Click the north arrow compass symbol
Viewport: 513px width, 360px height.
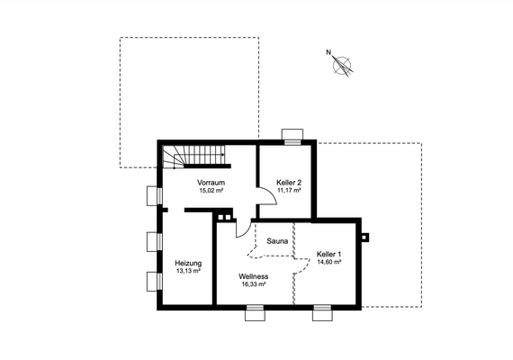[x=343, y=65]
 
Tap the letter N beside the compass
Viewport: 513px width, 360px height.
[x=328, y=52]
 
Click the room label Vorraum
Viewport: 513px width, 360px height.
[x=211, y=183]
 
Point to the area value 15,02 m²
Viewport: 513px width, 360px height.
[x=211, y=191]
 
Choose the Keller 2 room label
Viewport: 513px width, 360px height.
[x=289, y=183]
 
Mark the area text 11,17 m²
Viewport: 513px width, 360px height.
[x=289, y=191]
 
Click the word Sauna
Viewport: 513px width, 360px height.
[x=278, y=241]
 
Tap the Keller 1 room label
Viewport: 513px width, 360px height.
[x=329, y=255]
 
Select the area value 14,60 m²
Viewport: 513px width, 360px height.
[x=329, y=263]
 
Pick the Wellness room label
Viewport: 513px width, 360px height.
[x=253, y=276]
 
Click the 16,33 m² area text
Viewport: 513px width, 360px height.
[x=253, y=284]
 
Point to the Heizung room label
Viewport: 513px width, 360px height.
[x=188, y=263]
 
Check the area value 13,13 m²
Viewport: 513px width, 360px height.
[x=188, y=271]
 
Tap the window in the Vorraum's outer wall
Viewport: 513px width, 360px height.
[x=152, y=194]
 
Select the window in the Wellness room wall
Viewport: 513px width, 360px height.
[x=256, y=313]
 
